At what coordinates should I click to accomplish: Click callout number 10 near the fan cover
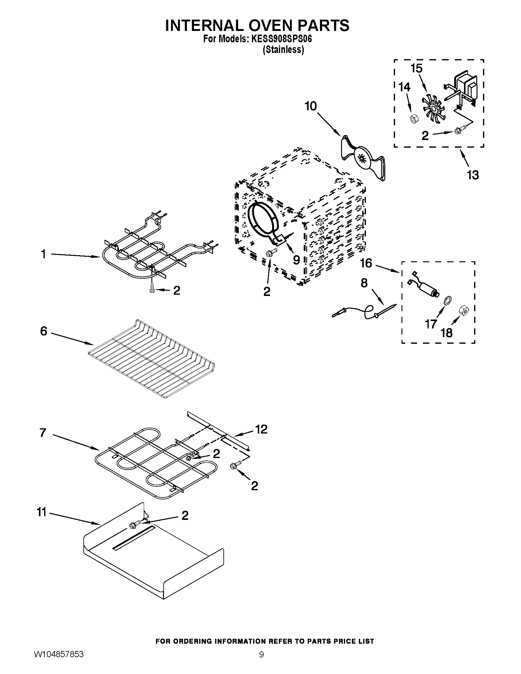pyautogui.click(x=310, y=106)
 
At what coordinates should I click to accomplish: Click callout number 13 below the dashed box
pyautogui.click(x=473, y=175)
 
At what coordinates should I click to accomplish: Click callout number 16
pyautogui.click(x=366, y=263)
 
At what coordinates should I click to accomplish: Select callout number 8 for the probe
pyautogui.click(x=364, y=283)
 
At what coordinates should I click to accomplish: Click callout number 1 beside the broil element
pyautogui.click(x=44, y=254)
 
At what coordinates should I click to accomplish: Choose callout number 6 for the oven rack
pyautogui.click(x=44, y=331)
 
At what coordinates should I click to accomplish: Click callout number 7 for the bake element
pyautogui.click(x=43, y=433)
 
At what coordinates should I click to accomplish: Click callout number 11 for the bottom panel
pyautogui.click(x=41, y=512)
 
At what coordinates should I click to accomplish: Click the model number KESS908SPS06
pyautogui.click(x=282, y=39)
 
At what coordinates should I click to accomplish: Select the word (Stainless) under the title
pyautogui.click(x=283, y=50)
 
